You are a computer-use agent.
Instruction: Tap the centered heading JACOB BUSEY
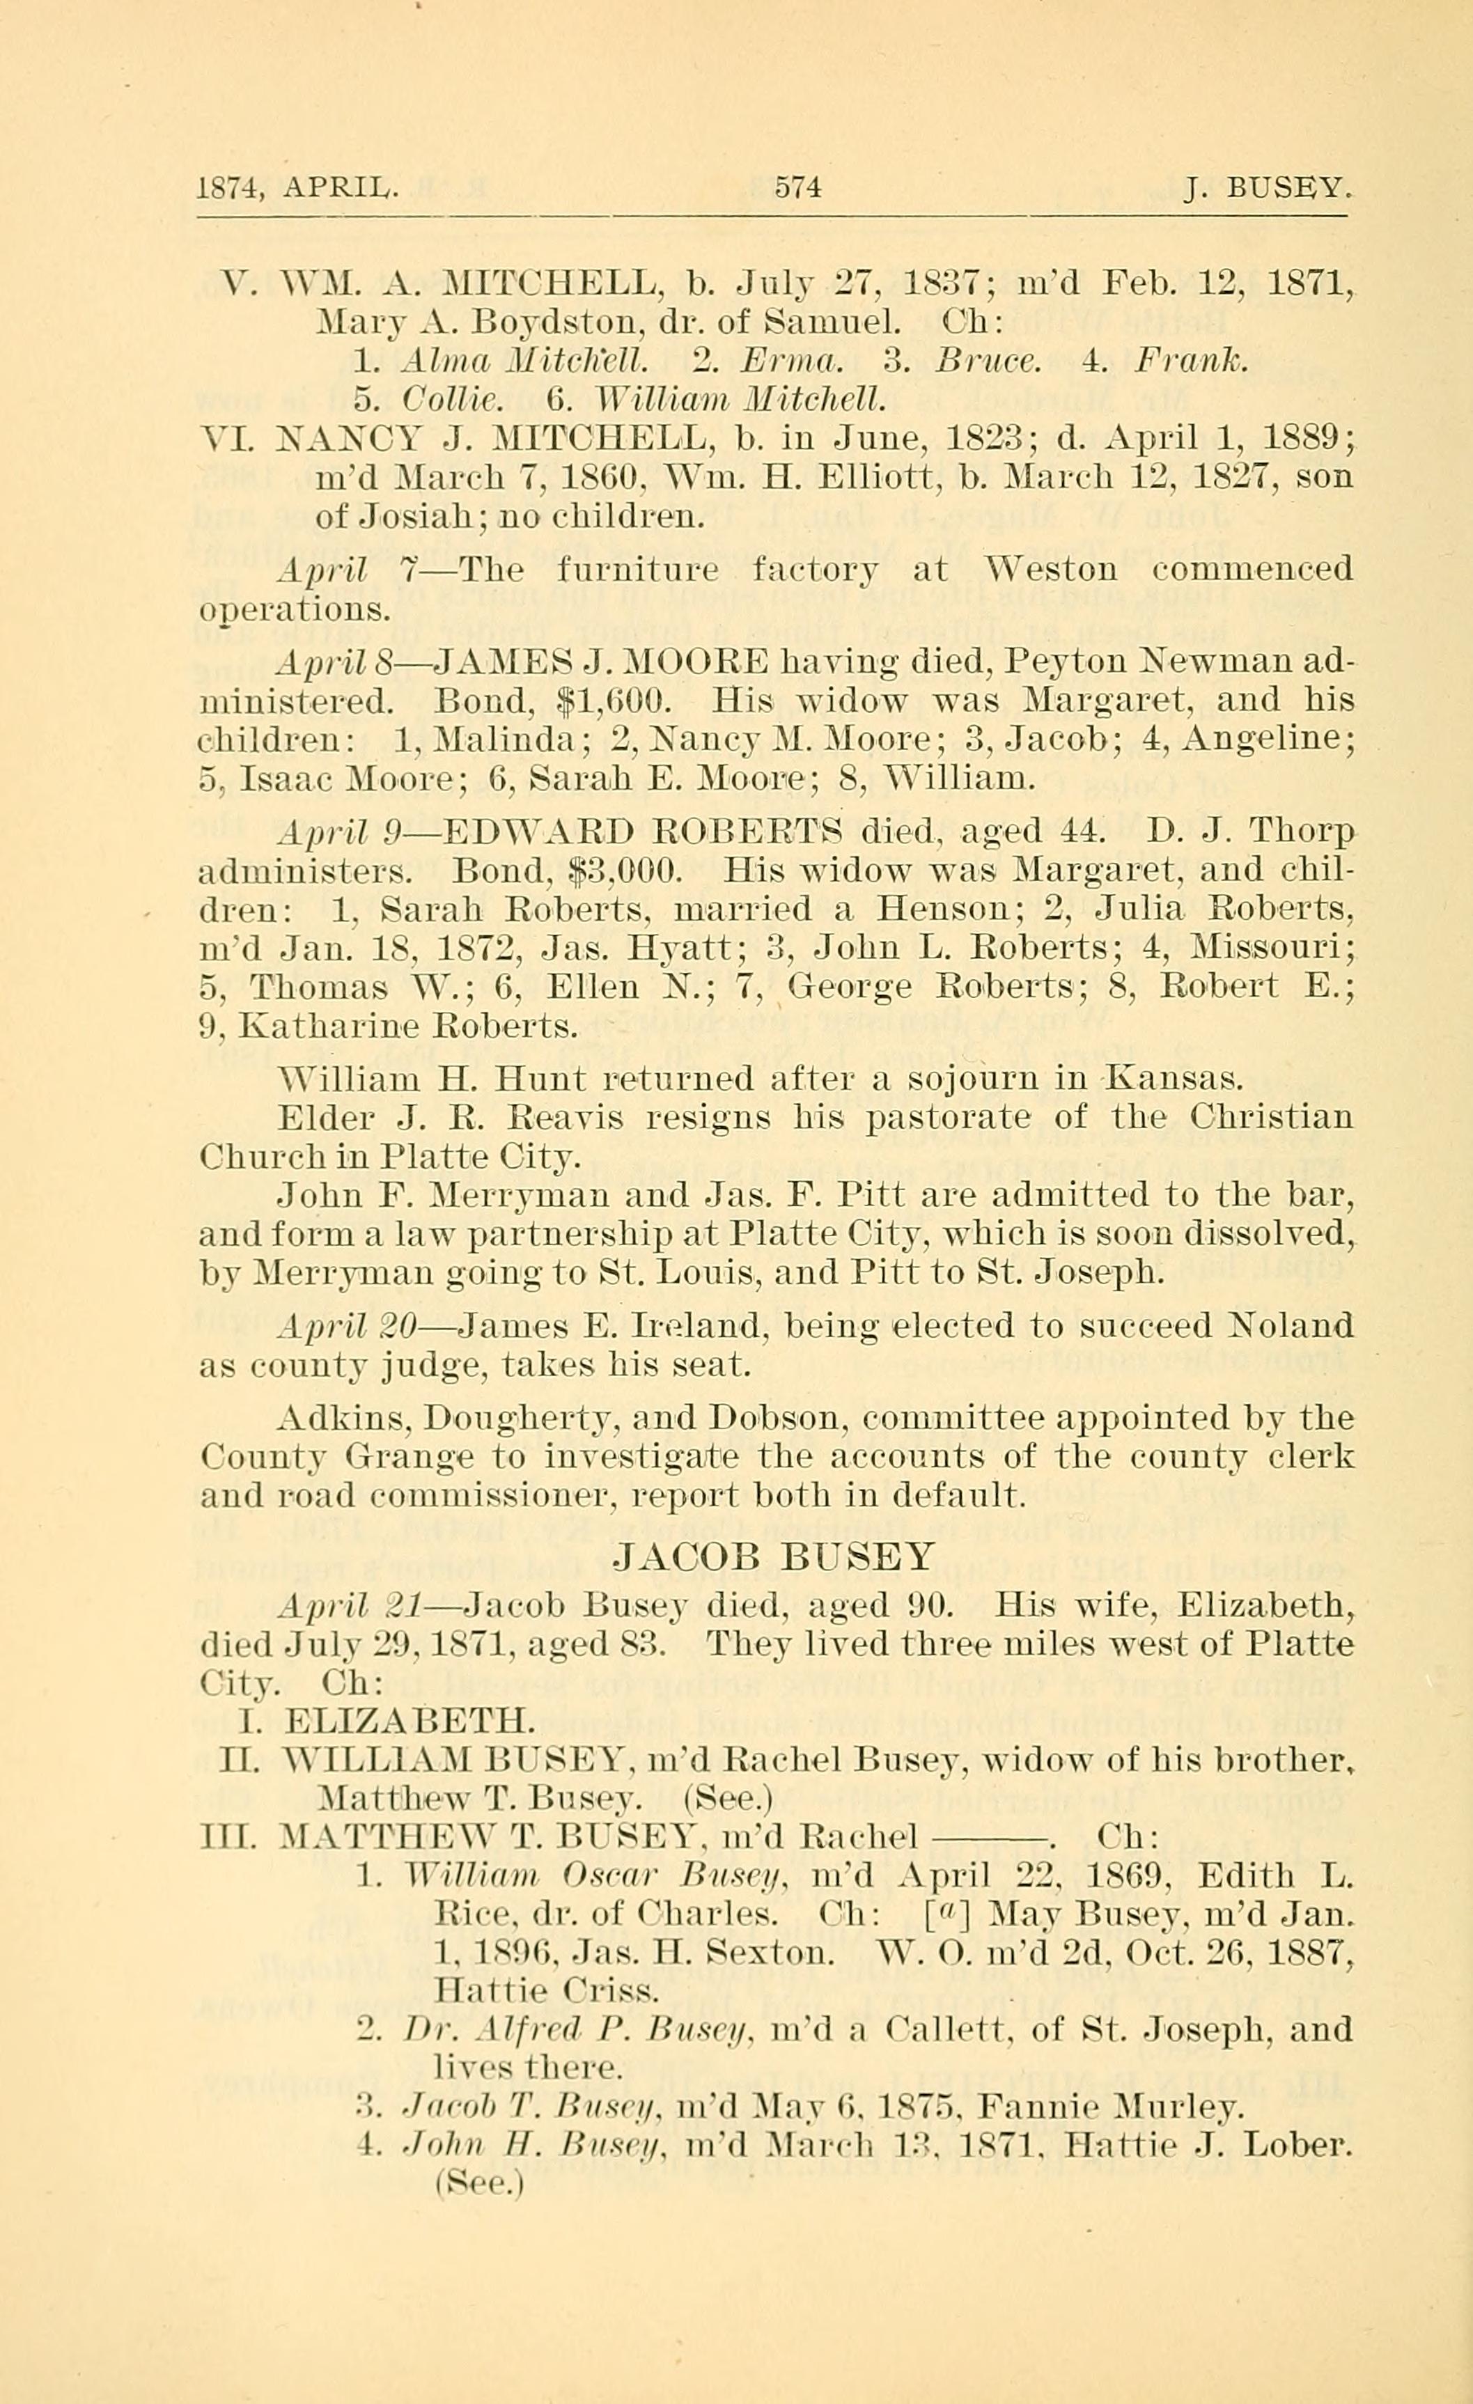point(776,1555)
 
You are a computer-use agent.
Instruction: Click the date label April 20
point(348,1325)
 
